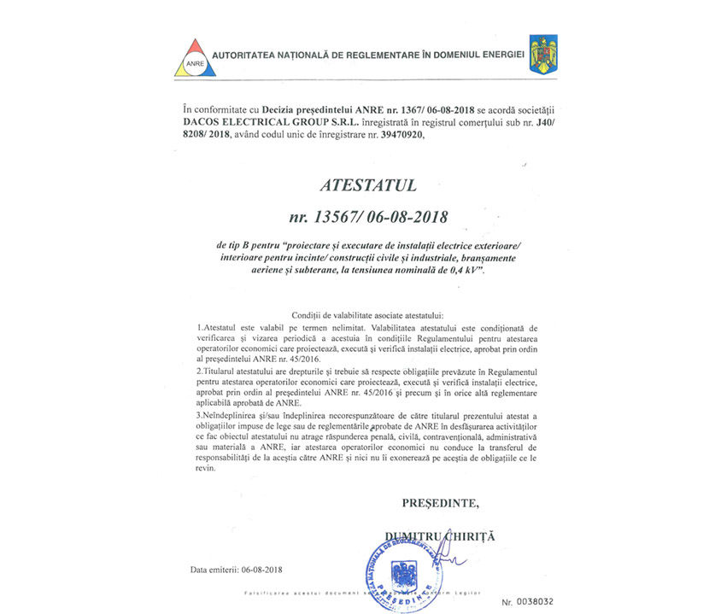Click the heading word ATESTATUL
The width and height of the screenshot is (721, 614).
(x=360, y=184)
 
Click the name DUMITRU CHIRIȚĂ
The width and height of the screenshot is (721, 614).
(x=440, y=535)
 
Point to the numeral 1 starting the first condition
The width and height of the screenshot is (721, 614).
(x=199, y=327)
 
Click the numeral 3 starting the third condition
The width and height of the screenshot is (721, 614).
(x=199, y=413)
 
